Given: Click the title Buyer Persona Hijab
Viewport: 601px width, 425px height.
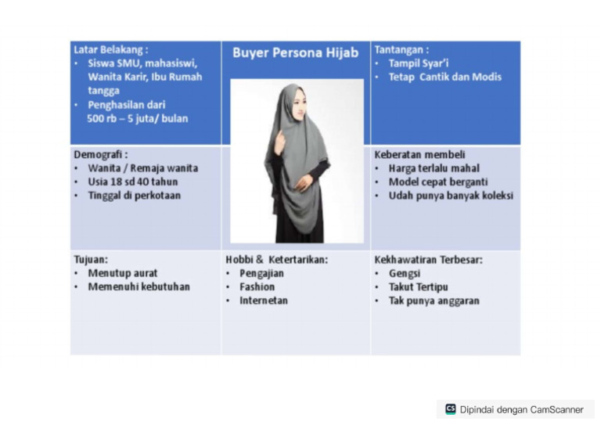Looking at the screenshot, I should click(295, 53).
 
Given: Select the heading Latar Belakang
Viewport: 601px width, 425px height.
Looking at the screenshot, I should click(110, 49).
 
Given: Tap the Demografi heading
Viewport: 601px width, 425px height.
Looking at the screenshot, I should click(99, 155).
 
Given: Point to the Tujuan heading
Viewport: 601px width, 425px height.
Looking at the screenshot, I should click(91, 260).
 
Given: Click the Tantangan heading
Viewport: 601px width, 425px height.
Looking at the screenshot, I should click(401, 49).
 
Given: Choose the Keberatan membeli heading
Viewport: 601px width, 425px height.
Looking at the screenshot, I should click(419, 155).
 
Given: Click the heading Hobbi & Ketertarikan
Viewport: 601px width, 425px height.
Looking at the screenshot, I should click(276, 260).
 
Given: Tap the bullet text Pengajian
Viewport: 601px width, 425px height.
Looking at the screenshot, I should click(261, 274).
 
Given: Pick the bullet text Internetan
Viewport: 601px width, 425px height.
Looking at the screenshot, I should click(264, 301).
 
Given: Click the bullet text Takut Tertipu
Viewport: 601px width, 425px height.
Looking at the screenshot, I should click(418, 287).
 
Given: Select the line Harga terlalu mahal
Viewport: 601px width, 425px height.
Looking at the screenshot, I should click(434, 168).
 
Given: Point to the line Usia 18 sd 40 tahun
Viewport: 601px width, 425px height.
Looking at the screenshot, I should click(133, 182).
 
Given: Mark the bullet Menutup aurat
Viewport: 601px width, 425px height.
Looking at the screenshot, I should click(122, 274).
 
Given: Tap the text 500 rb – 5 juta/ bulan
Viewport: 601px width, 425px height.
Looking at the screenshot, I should click(137, 118).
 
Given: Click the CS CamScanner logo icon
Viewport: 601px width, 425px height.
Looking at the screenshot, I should click(450, 409).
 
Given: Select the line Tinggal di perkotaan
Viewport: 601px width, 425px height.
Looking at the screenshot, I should click(134, 195).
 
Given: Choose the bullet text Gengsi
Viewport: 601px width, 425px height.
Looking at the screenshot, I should click(404, 274).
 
